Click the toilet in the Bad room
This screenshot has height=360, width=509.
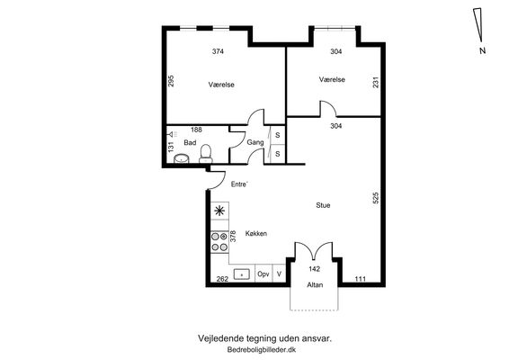[205, 154]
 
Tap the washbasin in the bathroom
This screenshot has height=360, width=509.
[182, 158]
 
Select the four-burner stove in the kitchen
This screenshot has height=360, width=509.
[219, 242]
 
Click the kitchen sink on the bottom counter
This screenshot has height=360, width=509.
[242, 274]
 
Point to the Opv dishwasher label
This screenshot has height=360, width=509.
[263, 274]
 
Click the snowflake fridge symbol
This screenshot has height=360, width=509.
[219, 211]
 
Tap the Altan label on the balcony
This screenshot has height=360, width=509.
[315, 285]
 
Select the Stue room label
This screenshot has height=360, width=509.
[323, 205]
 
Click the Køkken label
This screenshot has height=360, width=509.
[256, 234]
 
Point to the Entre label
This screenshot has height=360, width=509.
[239, 184]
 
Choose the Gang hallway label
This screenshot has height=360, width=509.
[255, 142]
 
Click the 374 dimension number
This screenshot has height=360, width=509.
[218, 51]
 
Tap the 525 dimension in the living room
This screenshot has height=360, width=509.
[376, 198]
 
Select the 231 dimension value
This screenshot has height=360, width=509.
[376, 82]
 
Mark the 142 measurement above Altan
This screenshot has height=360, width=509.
[314, 269]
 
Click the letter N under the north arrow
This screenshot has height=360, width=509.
[482, 50]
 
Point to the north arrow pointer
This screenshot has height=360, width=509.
[478, 24]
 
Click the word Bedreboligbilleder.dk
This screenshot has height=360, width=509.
[262, 350]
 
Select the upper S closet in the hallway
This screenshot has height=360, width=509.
[278, 135]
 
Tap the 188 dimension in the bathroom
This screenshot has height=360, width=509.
[196, 130]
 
